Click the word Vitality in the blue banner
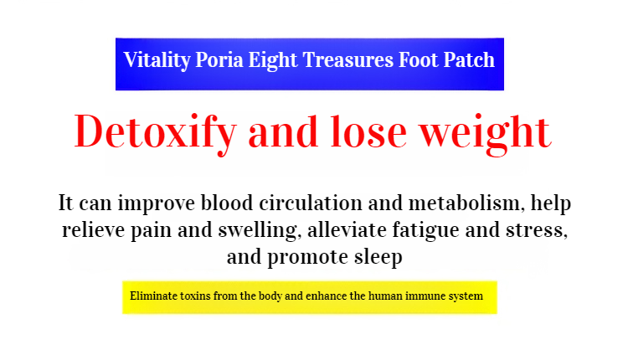pyautogui.click(x=157, y=61)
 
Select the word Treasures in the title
pyautogui.click(x=348, y=59)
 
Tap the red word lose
pyautogui.click(x=368, y=131)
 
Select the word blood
pyautogui.click(x=227, y=203)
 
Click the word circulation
pyautogui.click(x=311, y=203)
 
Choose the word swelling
pyautogui.click(x=260, y=231)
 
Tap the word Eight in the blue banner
pyautogui.click(x=273, y=61)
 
